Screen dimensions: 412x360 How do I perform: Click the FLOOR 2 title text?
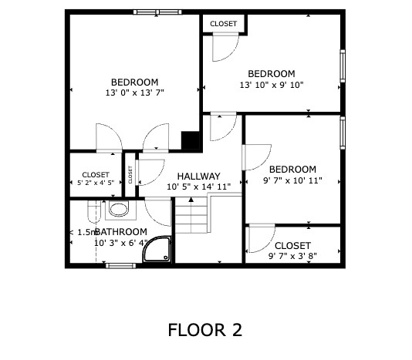tap(205, 330)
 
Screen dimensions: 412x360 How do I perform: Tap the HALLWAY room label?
tap(198, 176)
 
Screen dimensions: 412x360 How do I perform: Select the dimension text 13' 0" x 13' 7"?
tap(134, 93)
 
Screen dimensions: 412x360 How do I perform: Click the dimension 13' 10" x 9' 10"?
tap(272, 85)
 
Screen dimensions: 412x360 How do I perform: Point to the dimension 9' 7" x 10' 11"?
tap(292, 180)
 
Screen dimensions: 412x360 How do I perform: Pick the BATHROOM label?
tap(121, 232)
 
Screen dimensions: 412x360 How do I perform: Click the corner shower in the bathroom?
tap(157, 249)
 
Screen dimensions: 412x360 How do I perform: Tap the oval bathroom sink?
tap(120, 209)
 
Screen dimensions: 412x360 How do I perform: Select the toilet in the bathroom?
tap(94, 211)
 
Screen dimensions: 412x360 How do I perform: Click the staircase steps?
tap(191, 219)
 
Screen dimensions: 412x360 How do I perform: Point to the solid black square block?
tap(191, 140)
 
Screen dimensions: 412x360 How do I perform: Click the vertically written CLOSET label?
tap(130, 174)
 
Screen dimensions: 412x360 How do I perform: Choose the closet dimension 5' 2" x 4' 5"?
tap(96, 183)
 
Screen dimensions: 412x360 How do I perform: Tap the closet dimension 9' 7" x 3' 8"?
tap(292, 256)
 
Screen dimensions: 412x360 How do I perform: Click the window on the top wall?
tap(157, 12)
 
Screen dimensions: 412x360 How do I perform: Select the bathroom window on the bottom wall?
tap(121, 266)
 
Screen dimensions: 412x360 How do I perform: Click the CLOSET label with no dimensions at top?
tap(223, 24)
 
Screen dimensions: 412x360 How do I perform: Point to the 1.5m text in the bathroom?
tap(86, 232)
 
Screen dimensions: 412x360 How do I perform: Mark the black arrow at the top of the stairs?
tap(191, 200)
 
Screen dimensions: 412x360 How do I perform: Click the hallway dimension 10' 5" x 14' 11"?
tap(199, 187)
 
